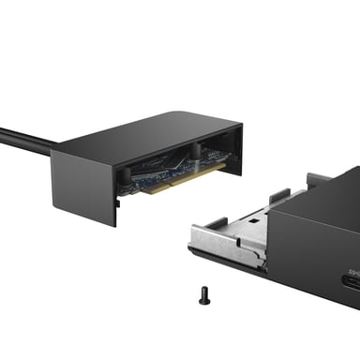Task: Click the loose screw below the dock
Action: pos(204,296)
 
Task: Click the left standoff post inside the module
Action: pos(125,176)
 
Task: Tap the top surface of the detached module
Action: pos(150,133)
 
